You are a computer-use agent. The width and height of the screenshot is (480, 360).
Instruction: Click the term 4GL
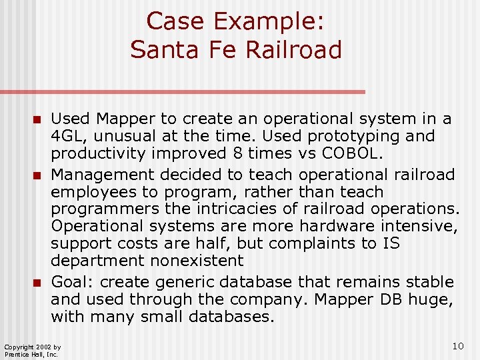click(67, 137)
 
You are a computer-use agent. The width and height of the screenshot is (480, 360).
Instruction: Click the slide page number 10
click(457, 346)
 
